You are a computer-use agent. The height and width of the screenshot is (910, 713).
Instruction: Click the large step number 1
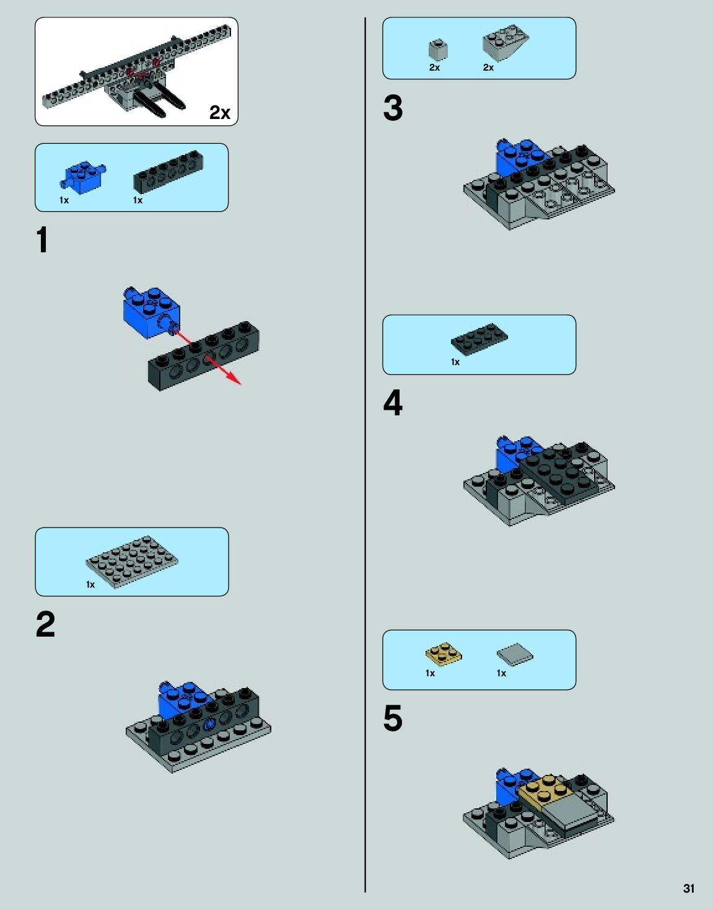42,239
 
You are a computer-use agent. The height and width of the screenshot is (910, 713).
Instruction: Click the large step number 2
45,624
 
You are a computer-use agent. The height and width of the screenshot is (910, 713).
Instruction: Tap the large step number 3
393,108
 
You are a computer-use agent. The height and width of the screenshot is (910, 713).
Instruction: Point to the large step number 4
393,402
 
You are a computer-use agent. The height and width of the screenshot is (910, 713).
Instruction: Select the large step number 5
393,718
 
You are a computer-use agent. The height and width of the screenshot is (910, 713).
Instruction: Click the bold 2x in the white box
220,112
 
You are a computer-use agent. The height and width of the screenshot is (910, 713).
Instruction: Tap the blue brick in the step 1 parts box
83,177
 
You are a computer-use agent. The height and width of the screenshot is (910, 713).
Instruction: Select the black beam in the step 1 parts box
168,171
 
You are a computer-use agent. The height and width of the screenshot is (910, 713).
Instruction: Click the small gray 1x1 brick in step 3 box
438,50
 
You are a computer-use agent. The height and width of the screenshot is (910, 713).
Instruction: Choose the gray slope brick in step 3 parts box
505,42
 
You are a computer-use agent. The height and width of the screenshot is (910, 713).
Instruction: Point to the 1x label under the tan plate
430,673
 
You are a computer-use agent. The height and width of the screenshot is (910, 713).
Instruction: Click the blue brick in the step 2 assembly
184,699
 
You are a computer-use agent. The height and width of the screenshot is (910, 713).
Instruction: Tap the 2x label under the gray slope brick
488,68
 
